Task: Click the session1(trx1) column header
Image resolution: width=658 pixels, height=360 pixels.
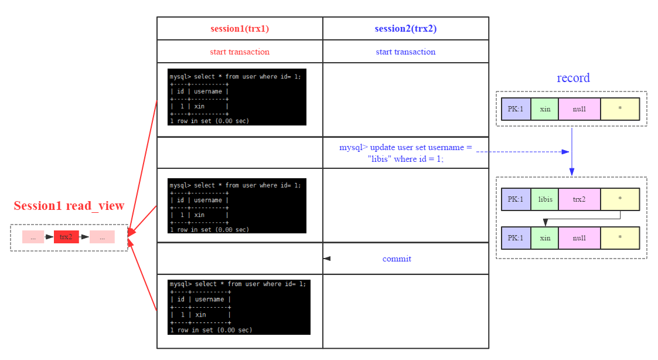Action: point(240,28)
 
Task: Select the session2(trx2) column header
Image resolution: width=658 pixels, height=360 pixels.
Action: point(405,28)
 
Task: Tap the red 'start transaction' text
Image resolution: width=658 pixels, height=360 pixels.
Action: point(240,52)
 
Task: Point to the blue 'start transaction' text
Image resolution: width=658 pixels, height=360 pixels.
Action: point(405,52)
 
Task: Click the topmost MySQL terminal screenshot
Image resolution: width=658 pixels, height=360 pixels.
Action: point(237,97)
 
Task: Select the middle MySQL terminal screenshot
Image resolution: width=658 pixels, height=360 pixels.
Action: point(237,206)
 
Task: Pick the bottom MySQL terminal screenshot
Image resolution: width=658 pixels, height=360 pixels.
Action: point(239,307)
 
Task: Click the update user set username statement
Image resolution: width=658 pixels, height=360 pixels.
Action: point(405,153)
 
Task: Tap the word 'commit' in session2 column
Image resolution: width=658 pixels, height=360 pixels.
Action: point(397,259)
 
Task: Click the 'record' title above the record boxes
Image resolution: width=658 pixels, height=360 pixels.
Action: point(572,78)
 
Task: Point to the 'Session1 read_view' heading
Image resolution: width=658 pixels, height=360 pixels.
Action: point(69,206)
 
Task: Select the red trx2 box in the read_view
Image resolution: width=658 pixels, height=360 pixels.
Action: point(66,237)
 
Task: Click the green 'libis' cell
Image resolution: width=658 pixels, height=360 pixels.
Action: point(545,199)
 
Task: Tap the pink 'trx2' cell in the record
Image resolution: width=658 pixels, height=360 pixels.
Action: point(579,199)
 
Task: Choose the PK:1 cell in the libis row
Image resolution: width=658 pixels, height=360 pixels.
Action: point(516,199)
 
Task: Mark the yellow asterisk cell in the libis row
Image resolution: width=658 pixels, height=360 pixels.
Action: point(619,199)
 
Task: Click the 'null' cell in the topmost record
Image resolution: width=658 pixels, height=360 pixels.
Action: point(579,109)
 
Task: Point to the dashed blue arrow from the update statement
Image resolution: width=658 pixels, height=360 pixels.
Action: point(521,152)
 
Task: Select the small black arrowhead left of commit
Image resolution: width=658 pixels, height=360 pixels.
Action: point(327,259)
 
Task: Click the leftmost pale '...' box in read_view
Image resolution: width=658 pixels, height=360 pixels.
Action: point(33,237)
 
